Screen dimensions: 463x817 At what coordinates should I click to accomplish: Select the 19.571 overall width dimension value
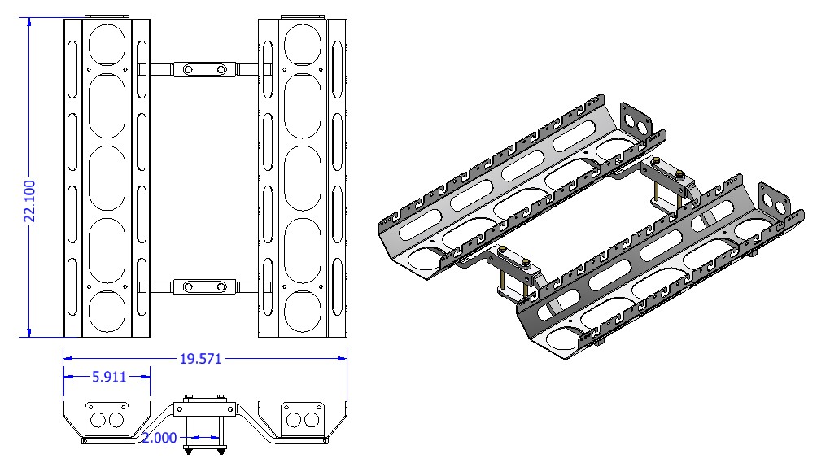pos(199,358)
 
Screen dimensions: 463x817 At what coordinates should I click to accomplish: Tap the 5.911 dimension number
pos(107,376)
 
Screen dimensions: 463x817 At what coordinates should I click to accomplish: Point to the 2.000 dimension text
pos(159,438)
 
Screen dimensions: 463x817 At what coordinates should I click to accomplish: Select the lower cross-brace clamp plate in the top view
pos(203,286)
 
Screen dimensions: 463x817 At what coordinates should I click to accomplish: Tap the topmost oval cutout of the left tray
pos(107,41)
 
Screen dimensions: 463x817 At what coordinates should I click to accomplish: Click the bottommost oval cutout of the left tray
pos(107,313)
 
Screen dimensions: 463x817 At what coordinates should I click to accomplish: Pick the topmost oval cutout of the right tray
pos(303,41)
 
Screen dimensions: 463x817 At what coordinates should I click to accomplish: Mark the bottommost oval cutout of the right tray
pos(303,313)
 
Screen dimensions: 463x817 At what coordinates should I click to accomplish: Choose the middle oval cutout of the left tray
pos(107,176)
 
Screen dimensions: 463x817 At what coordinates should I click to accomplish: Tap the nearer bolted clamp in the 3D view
pos(517,273)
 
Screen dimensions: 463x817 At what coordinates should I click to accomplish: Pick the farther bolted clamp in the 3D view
pos(669,182)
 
